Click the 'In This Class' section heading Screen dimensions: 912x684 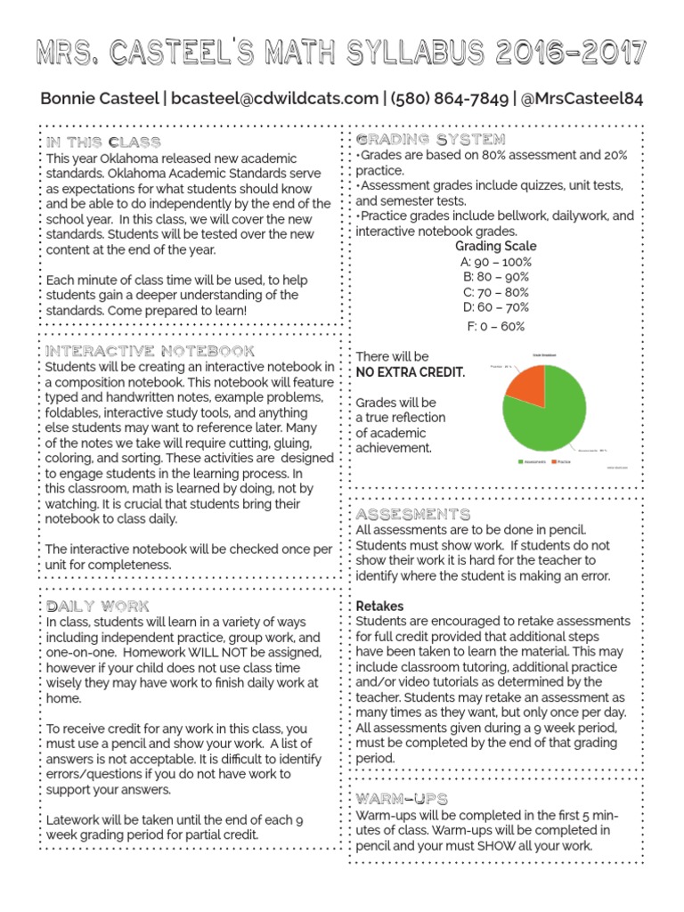[x=103, y=142]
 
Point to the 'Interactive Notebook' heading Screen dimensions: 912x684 [x=150, y=351]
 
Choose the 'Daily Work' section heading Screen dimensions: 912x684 [x=98, y=606]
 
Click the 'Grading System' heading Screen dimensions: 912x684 [x=430, y=140]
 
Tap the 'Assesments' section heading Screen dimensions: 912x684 [x=413, y=515]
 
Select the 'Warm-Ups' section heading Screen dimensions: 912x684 [x=402, y=798]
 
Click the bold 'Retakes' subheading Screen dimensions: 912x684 [x=379, y=606]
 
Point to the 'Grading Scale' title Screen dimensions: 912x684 [x=496, y=246]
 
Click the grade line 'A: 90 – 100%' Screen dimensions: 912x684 [x=496, y=262]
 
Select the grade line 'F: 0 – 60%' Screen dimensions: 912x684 [x=496, y=326]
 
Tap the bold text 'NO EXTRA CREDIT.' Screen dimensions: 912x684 [x=411, y=372]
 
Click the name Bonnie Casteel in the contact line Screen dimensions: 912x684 [x=98, y=98]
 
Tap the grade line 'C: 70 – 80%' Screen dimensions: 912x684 [x=496, y=292]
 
